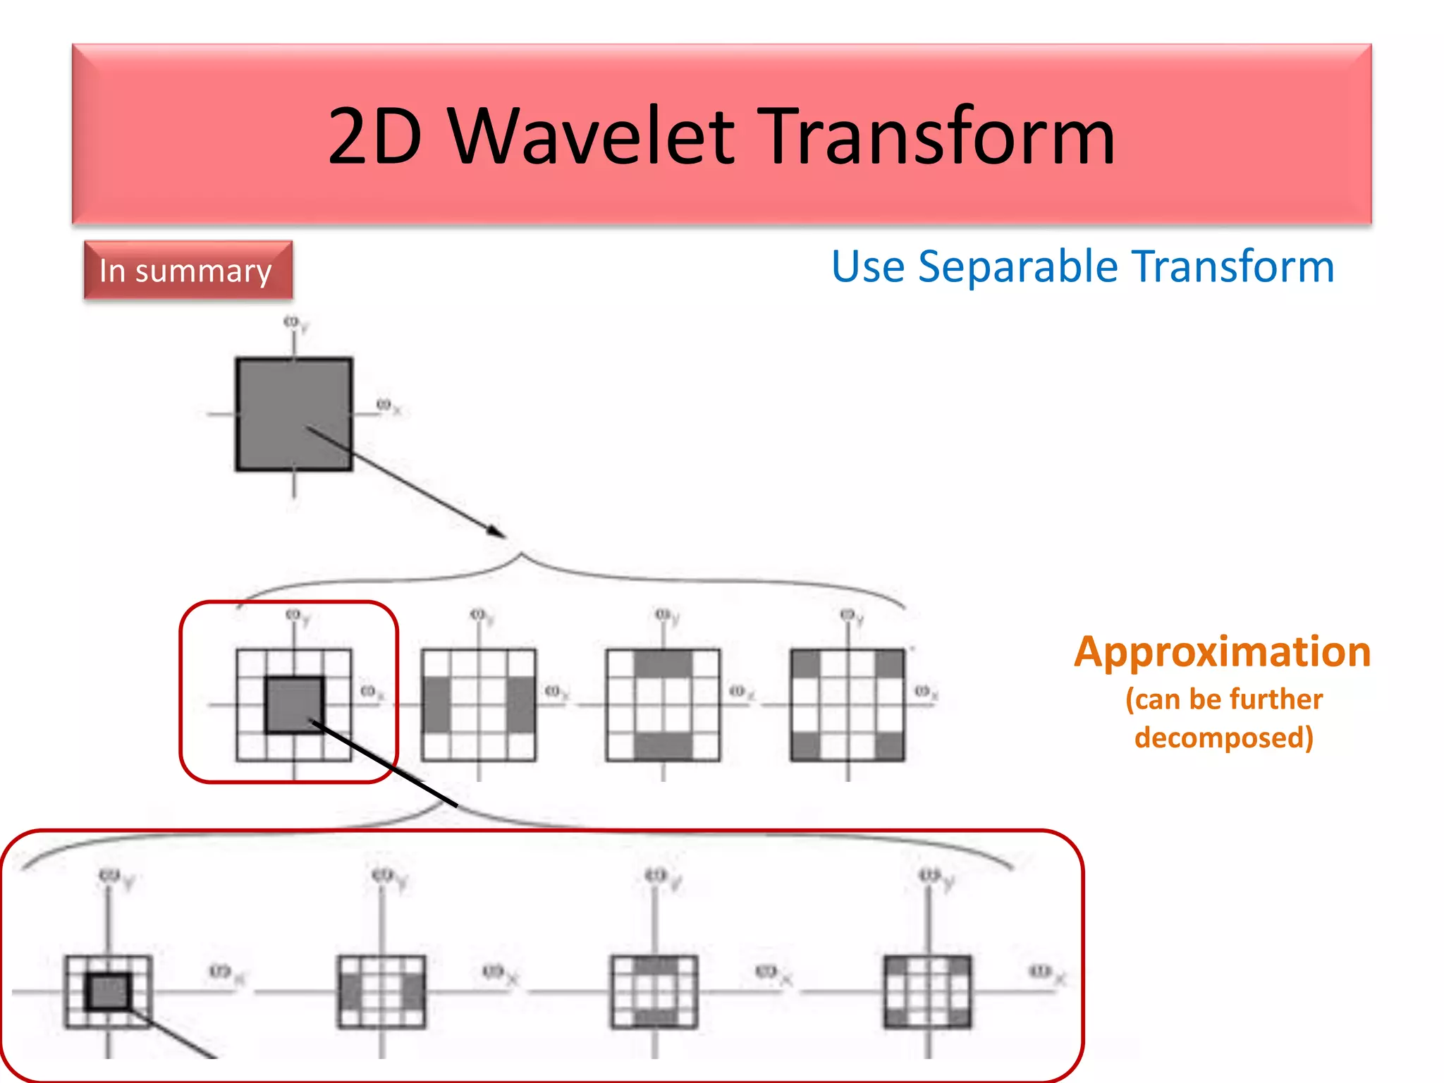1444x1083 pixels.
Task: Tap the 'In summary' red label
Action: pyautogui.click(x=187, y=271)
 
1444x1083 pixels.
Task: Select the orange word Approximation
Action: pyautogui.click(x=1222, y=651)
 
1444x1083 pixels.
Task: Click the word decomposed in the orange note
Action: pyautogui.click(x=1223, y=738)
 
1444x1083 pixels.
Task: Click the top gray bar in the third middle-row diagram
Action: pyautogui.click(x=663, y=663)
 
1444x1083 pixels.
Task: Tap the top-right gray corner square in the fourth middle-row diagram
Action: pyautogui.click(x=890, y=663)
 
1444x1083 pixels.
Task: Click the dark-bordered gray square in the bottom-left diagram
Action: pyautogui.click(x=109, y=991)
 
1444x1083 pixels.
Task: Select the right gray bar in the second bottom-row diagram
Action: pyautogui.click(x=413, y=992)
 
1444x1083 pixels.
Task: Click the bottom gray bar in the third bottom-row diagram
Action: pyautogui.click(x=655, y=1017)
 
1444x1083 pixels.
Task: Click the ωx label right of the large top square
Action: pyautogui.click(x=388, y=406)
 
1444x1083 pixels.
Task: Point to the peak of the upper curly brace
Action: pyautogui.click(x=521, y=555)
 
